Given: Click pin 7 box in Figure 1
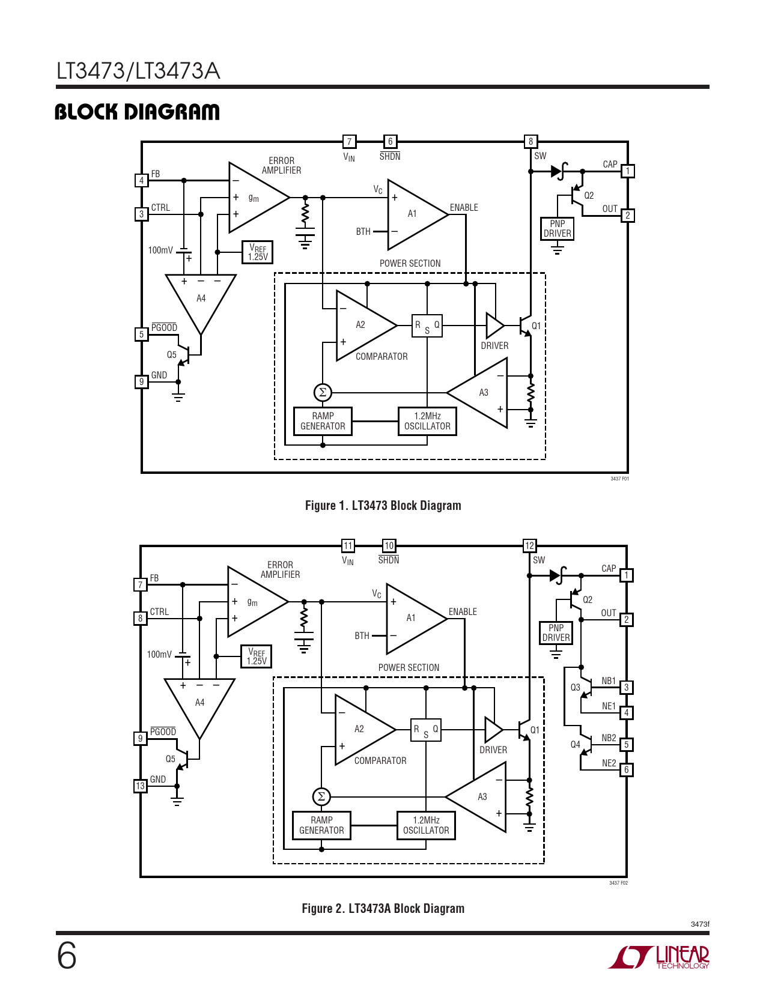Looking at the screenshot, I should point(349,142).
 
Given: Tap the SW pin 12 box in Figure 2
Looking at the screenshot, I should point(529,546).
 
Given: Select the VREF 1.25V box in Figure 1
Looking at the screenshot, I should point(257,252).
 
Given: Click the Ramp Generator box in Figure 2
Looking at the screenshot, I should point(321,825).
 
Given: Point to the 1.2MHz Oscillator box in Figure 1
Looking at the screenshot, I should point(427,421).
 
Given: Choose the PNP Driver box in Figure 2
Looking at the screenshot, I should point(556,633).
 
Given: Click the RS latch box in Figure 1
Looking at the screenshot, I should point(427,326).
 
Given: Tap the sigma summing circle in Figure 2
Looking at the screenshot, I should point(321,797).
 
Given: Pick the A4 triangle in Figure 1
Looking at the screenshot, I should point(201,297).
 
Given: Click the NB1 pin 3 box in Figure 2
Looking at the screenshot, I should point(627,688).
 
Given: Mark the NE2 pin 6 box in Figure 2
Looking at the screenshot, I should point(627,770).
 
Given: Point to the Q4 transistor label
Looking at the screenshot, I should point(575,745).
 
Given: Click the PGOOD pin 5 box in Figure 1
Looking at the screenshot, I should point(141,335).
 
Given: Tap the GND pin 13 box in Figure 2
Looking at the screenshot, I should point(140,786).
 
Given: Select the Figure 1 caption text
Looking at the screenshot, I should point(383,506).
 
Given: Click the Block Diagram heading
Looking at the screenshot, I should point(137,112).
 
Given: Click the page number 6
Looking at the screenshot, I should point(67,956).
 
